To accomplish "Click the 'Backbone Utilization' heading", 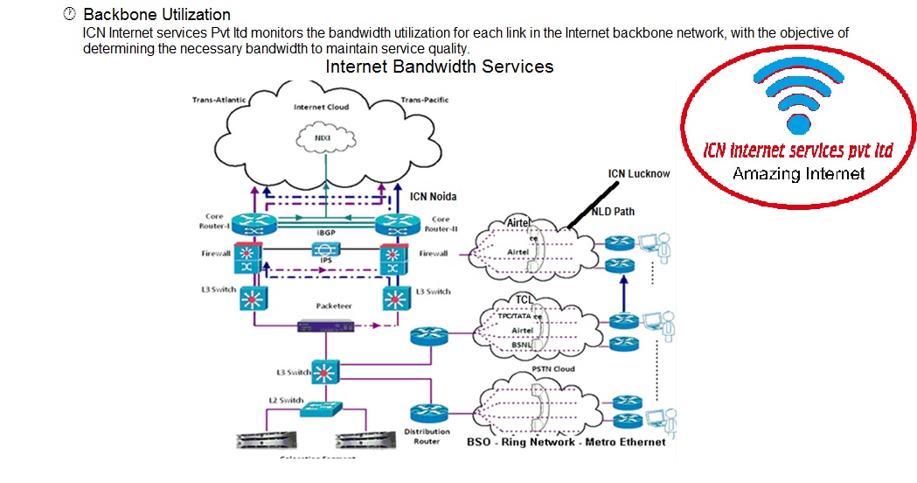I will (x=156, y=15).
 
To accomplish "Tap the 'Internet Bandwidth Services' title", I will (x=439, y=66).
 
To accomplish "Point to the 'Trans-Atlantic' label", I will (x=219, y=100).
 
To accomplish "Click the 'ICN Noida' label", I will (x=434, y=195).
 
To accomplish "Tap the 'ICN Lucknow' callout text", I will (x=639, y=173).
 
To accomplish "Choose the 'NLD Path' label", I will (x=612, y=211).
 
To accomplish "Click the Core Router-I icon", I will (x=253, y=223).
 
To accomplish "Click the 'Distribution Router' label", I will (x=427, y=435).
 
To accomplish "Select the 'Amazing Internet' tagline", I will (x=798, y=173).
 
